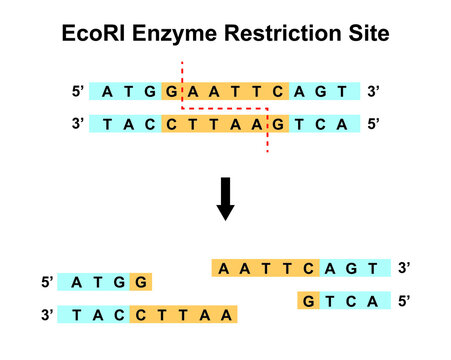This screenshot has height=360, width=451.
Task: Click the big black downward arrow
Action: click(226, 199)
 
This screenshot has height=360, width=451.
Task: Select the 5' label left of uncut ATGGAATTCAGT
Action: click(78, 92)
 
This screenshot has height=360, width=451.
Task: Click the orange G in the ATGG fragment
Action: click(140, 283)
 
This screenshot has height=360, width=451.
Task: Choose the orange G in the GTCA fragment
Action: click(309, 300)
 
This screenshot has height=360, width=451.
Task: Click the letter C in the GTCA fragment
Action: click(353, 300)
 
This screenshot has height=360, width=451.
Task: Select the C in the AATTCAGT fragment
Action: click(309, 268)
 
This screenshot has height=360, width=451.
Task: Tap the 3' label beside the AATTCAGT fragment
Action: click(404, 268)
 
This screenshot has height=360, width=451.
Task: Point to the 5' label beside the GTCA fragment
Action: click(404, 300)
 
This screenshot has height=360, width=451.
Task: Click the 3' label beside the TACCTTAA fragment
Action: click(46, 315)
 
